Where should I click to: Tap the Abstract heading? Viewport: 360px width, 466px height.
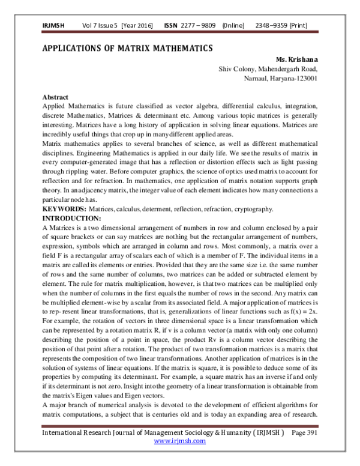click(55, 97)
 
